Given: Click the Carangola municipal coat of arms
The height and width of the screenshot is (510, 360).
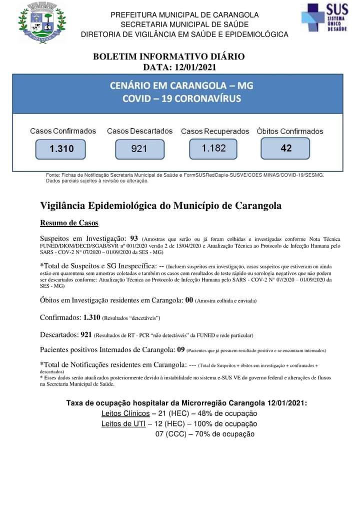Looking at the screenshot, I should (x=42, y=23).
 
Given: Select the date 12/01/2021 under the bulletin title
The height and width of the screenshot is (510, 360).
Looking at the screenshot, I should (x=193, y=67).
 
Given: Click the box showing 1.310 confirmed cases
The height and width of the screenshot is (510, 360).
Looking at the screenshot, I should (x=61, y=149).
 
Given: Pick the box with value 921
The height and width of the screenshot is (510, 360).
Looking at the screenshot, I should (x=139, y=149).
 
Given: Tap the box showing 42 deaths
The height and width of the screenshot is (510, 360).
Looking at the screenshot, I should (x=285, y=148).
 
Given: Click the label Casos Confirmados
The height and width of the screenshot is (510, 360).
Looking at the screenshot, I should (x=63, y=131).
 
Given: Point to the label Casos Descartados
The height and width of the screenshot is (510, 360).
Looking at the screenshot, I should (x=139, y=131).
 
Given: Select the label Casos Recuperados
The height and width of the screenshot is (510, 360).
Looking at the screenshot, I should (x=214, y=131).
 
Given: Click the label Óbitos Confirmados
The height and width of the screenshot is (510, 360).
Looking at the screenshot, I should (x=290, y=131).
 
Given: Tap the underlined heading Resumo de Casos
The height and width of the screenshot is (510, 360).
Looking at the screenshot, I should (x=69, y=223).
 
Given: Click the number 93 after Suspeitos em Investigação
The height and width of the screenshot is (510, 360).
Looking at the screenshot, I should (x=133, y=238).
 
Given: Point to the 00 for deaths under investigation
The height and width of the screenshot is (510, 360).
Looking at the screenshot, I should (x=189, y=300).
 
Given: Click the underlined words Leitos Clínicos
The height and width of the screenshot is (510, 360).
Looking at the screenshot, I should (x=125, y=413).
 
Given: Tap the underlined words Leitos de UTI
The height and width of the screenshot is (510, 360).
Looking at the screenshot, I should (x=123, y=424).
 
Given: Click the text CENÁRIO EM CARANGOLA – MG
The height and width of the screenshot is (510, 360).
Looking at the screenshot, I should (x=181, y=86).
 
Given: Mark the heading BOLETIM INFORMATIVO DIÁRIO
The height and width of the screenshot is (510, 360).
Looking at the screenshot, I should (x=169, y=57).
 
